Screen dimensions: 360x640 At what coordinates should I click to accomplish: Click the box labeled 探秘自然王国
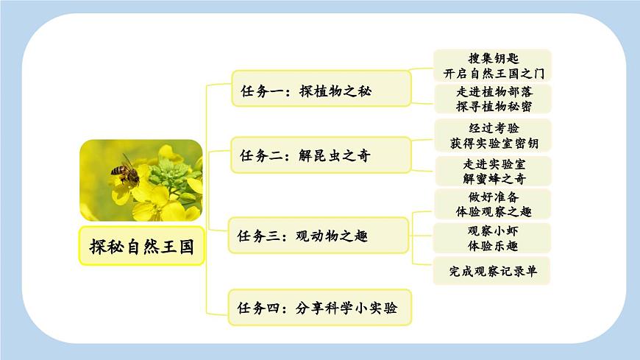[x=141, y=246]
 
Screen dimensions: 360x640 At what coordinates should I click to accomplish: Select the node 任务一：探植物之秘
[x=321, y=91]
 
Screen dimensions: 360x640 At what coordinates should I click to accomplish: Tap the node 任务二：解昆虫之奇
[x=321, y=155]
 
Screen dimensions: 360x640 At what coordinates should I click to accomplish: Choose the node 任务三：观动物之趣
[x=318, y=236]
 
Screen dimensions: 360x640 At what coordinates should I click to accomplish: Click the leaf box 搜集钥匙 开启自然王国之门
[x=491, y=66]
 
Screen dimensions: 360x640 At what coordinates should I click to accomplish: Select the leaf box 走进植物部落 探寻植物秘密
[x=491, y=99]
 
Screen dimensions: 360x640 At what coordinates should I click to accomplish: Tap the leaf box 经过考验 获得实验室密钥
[x=491, y=135]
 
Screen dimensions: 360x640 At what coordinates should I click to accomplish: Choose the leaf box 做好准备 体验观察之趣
[x=491, y=204]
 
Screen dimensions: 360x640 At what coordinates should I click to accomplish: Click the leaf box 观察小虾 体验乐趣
[x=491, y=238]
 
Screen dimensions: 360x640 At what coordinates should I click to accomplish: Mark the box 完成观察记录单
[x=491, y=271]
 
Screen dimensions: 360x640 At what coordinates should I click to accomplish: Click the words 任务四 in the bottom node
[x=258, y=308]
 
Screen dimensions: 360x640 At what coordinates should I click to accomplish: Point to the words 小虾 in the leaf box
[x=506, y=230]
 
